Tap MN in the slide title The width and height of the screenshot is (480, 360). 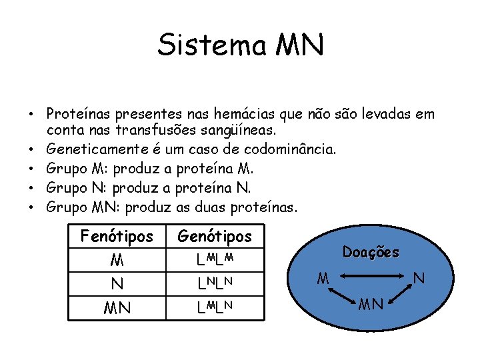click(299, 45)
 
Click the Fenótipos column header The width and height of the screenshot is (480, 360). click(116, 236)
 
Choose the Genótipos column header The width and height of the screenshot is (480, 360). click(215, 236)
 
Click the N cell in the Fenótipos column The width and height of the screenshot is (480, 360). click(117, 284)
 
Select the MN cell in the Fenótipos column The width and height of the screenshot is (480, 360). click(117, 309)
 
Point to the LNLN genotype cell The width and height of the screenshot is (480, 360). click(214, 284)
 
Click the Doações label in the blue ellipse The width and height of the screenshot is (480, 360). click(371, 253)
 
